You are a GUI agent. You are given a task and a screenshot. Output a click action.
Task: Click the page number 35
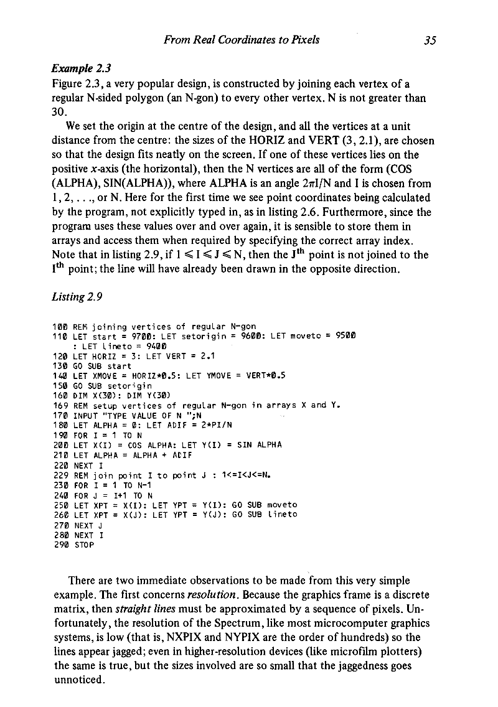(x=428, y=40)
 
